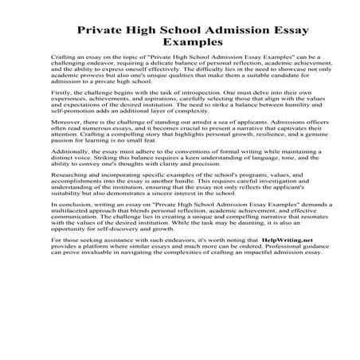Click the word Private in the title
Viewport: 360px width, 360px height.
[x=104, y=31]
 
